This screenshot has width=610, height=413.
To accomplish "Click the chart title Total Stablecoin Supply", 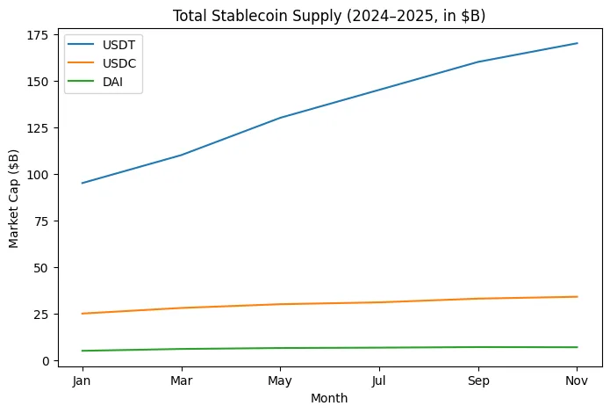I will pos(328,16).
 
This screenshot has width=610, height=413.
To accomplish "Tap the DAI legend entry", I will pos(113,83).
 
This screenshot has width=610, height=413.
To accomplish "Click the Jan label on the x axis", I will pos(82,380).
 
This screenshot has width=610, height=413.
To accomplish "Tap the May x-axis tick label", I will pos(280,380).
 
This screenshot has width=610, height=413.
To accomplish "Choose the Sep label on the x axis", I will pos(478,380).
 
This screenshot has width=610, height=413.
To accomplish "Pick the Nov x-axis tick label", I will pos(578,380).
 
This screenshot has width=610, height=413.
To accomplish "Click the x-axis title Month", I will pos(329,398).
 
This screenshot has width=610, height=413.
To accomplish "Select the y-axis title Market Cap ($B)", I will pos(15,199).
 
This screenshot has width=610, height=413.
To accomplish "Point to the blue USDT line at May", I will pos(280,118).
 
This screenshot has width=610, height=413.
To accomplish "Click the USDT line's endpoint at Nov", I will pos(578,43).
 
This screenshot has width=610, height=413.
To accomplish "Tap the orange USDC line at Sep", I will pos(478,299).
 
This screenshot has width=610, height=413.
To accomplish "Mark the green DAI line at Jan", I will pos(82,351).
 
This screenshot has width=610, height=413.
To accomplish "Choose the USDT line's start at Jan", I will pos(82,183).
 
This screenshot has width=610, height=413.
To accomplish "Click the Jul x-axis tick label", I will pos(379,380).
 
